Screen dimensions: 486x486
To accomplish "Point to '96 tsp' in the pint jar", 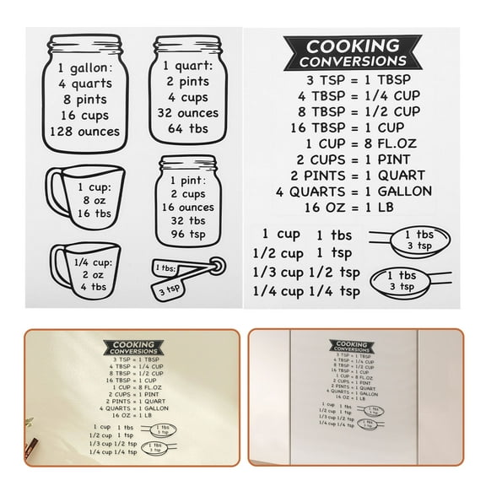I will (x=188, y=234).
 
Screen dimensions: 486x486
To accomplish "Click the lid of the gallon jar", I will (x=85, y=43).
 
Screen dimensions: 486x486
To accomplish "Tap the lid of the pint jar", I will (x=187, y=163).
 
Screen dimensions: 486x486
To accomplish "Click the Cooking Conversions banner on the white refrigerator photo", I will (x=352, y=347).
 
